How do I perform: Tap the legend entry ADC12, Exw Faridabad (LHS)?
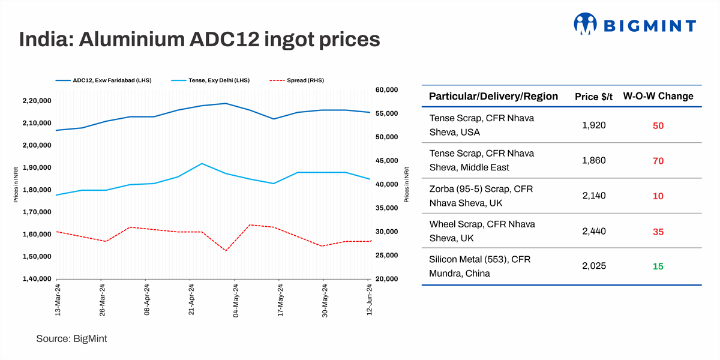102,80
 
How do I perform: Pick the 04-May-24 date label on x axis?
236,300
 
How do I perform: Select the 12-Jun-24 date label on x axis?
369,300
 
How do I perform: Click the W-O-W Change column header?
658,96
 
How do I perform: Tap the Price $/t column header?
593,97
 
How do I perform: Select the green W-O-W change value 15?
658,266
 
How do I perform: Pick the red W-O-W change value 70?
658,161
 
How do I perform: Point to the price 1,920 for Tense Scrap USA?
594,125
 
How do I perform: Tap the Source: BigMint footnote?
71,339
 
